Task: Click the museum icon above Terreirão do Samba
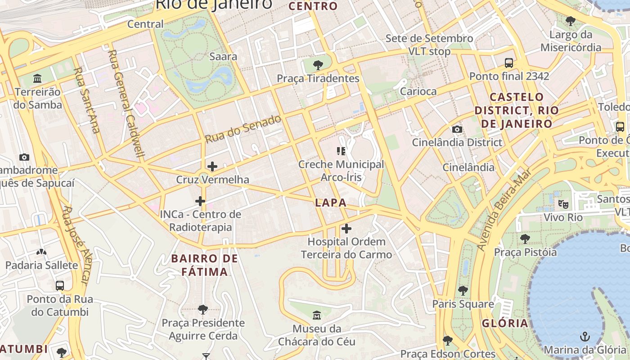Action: coord(37,79)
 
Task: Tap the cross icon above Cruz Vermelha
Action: coord(212,166)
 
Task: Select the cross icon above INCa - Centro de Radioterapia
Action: coord(200,201)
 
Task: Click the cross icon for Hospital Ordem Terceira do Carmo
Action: coord(346,229)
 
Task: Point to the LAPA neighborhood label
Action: coord(331,202)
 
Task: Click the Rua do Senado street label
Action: coord(243,129)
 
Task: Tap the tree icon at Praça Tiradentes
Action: coord(318,65)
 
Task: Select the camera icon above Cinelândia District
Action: coord(457,130)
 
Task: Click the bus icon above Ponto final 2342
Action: coord(509,63)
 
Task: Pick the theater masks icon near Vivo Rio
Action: coord(563,204)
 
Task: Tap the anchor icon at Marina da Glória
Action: coord(585,337)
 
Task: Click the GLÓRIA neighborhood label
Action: coord(505,323)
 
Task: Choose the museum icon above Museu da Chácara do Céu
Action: coord(317,315)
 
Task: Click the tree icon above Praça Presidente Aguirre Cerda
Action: coord(203,310)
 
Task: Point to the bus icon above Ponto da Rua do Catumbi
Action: coord(60,286)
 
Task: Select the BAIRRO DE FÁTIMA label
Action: coord(205,265)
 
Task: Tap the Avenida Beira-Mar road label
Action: coord(503,209)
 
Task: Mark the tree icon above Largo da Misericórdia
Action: coord(571,21)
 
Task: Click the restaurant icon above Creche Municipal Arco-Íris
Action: coord(341,151)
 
